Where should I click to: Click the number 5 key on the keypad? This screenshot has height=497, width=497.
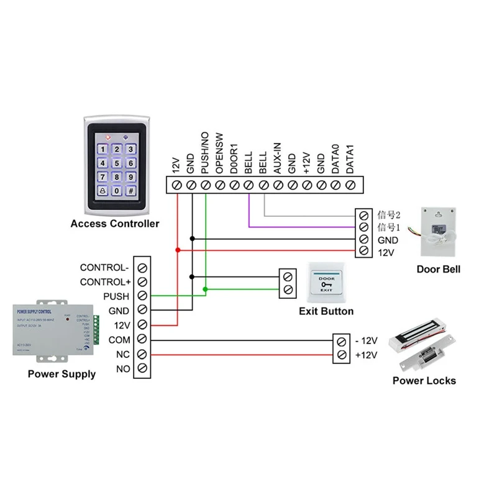tap(115, 163)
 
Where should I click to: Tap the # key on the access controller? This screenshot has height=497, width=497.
tap(130, 191)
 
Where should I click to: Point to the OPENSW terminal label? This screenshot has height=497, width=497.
tap(219, 155)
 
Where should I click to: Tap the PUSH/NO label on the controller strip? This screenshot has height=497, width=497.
tap(204, 153)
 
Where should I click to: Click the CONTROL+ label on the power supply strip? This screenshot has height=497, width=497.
tap(104, 282)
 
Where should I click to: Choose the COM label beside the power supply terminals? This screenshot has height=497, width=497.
tap(119, 340)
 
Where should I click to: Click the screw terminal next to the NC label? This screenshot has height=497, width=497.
tap(143, 355)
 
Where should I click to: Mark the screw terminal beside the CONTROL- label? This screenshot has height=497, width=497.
tap(143, 268)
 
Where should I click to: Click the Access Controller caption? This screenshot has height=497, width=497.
tap(115, 224)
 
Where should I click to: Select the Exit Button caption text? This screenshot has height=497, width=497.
tap(326, 311)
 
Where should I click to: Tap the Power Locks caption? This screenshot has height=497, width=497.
tap(424, 380)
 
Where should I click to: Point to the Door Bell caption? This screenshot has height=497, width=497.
tap(439, 269)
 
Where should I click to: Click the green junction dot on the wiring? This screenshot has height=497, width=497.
tap(206, 289)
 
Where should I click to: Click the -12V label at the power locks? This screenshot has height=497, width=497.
tap(366, 340)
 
